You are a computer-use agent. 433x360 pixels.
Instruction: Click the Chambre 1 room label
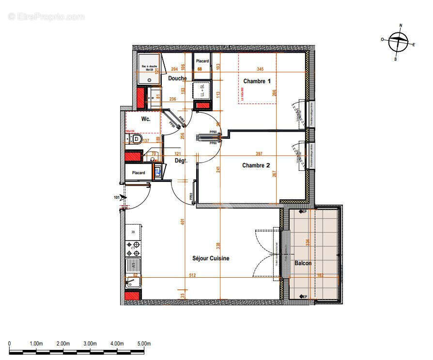tap(256, 81)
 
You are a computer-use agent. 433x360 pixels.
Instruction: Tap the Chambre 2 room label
tap(256, 165)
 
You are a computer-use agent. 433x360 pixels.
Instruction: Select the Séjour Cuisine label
tap(211, 258)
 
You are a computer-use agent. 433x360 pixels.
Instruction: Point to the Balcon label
tap(303, 263)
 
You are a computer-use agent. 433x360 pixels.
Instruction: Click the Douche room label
tap(177, 78)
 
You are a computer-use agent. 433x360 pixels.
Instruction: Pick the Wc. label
tap(145, 119)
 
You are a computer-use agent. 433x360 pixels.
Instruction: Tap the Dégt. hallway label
tap(181, 161)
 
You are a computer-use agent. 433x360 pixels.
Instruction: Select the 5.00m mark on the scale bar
tap(143, 344)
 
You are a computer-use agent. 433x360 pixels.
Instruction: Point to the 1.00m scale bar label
tap(36, 344)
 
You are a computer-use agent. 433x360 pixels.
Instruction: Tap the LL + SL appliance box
tap(201, 90)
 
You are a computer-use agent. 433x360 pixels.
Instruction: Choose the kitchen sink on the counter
tap(133, 266)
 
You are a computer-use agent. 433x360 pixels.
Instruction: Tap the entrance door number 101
tap(117, 197)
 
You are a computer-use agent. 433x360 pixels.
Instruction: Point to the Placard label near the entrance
tap(139, 172)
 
